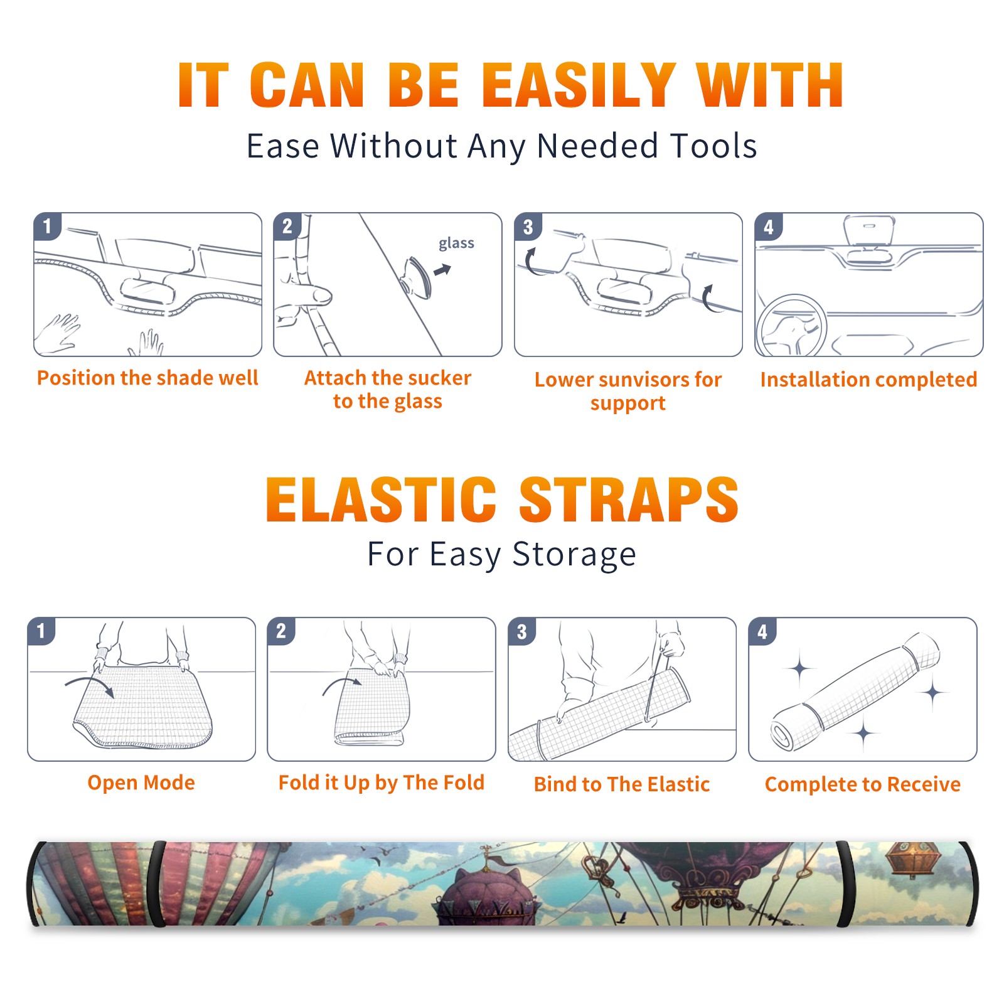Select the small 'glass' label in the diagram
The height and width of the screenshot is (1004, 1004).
pos(456,243)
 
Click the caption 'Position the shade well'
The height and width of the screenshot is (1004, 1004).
pos(147,378)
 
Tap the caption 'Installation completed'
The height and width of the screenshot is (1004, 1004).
pos(868,379)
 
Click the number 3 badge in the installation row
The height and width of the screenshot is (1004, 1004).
pos(528,227)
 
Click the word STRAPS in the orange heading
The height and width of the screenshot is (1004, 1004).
pos(629,499)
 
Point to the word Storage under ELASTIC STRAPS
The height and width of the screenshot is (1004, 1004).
pos(574,555)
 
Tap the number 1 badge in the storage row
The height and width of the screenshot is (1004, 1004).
pos(41,631)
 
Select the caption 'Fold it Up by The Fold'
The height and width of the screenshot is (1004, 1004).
pos(382,782)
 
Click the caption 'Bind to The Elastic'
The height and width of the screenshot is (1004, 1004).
pos(622,784)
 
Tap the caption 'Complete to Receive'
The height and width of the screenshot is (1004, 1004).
pos(863,784)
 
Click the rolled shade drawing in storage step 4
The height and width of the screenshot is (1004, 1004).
pos(856,692)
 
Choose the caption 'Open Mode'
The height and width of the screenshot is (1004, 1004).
pos(141,782)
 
